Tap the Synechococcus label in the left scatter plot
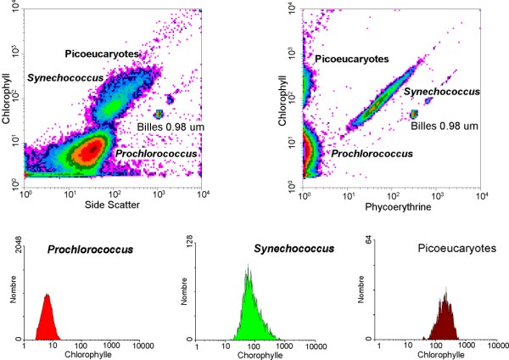65,78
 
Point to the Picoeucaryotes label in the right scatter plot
352,59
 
